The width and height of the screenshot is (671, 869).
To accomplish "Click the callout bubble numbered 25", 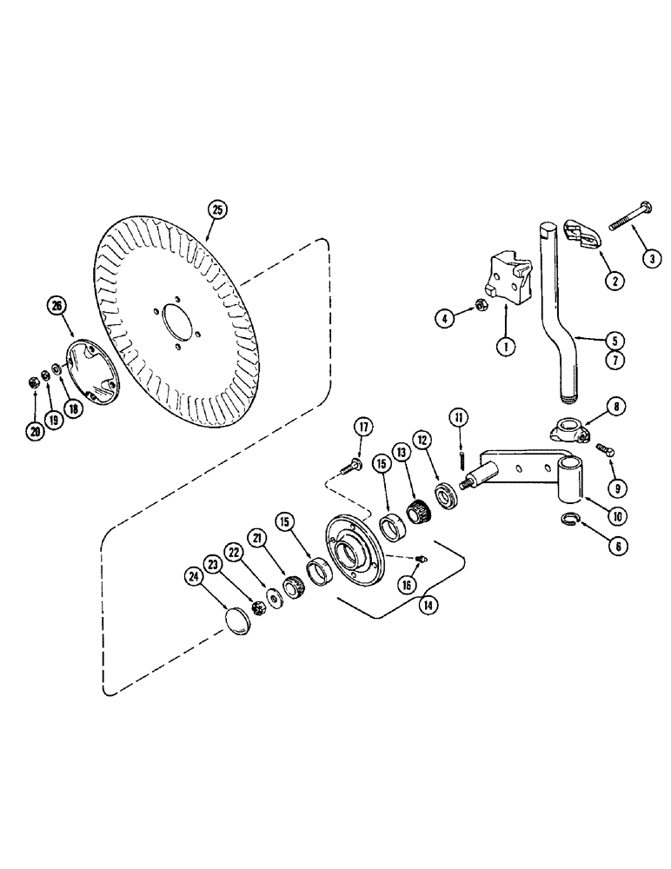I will [217, 209].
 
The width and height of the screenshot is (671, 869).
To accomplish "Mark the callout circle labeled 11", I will [457, 418].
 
